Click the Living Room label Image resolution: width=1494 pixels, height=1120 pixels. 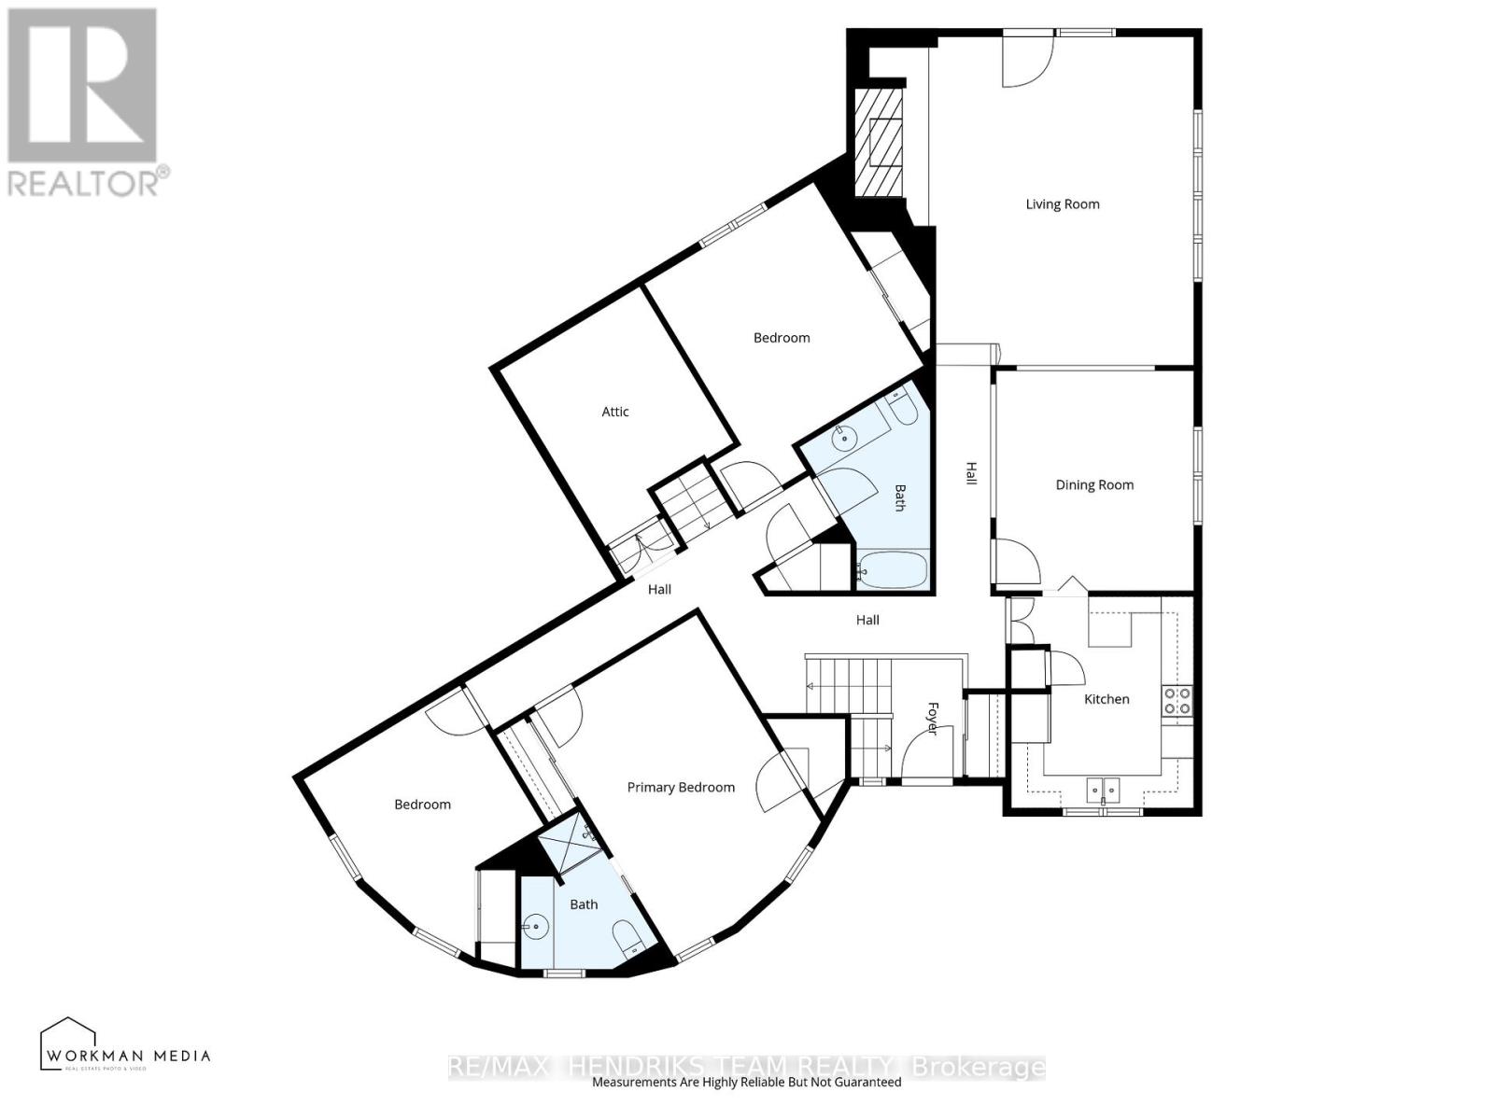1062,204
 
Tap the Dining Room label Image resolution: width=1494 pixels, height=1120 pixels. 1093,485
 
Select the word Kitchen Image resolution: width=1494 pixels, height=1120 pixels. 1106,699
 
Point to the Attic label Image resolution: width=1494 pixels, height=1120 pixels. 614,412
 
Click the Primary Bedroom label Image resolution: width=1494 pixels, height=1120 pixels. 680,788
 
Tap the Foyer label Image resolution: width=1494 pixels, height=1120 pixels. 931,718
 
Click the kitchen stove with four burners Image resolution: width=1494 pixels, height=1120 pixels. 1177,701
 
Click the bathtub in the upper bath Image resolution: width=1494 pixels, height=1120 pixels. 892,569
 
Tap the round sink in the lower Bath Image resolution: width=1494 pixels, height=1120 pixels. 536,928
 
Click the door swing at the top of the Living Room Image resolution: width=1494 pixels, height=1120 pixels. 1027,62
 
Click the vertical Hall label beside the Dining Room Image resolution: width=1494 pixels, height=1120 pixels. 971,473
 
